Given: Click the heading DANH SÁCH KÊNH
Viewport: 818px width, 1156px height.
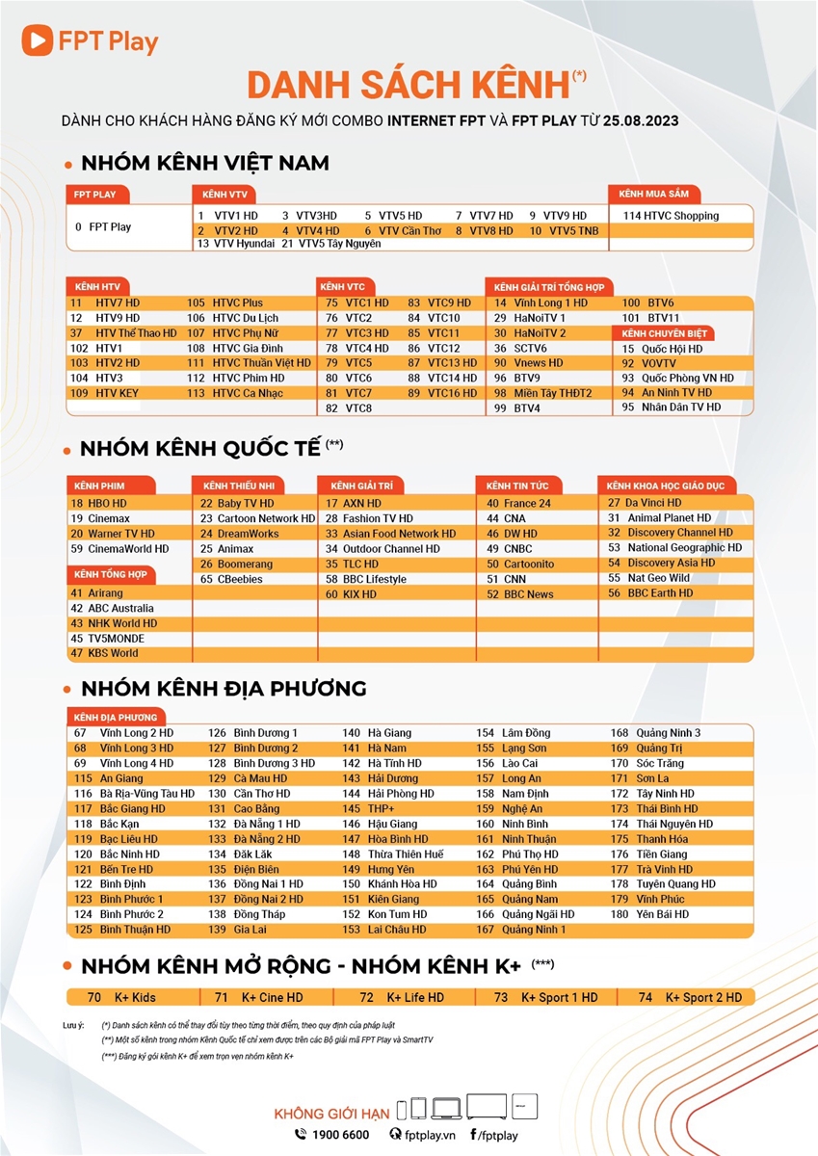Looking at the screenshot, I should click(x=409, y=85).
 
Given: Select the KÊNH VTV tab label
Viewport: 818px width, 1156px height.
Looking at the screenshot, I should click(x=217, y=194).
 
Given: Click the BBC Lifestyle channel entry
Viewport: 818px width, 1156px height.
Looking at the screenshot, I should click(x=374, y=579).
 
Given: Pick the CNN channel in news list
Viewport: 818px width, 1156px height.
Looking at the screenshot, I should click(x=515, y=579).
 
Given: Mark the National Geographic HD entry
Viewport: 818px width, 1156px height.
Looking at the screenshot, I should click(x=684, y=547).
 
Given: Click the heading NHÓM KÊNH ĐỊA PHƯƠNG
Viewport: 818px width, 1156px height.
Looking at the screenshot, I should click(x=224, y=689).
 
